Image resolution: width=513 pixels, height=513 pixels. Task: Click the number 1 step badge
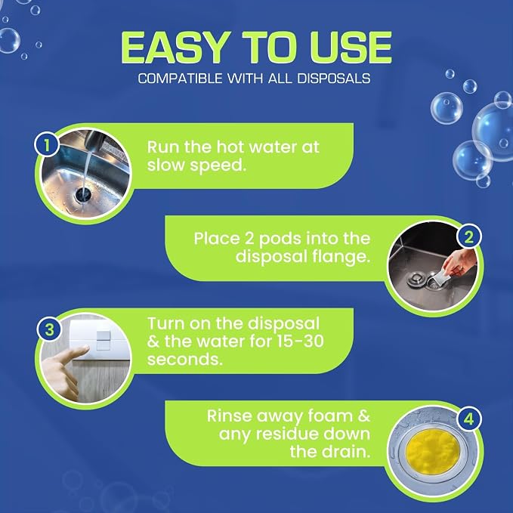[x=47, y=145]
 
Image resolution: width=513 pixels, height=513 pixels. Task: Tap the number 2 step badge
[x=469, y=237]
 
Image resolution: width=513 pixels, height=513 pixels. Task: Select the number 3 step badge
[x=49, y=329]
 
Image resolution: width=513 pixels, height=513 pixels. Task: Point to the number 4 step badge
[x=468, y=419]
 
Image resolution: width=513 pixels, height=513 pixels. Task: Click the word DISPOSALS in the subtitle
[x=334, y=79]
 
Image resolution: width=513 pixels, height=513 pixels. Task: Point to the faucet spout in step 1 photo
[x=93, y=141]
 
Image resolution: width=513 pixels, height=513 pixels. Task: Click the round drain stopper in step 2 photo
[x=416, y=279]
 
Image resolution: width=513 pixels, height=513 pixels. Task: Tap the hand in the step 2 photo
[x=459, y=262]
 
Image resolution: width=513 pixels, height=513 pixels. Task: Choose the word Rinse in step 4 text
[x=230, y=416]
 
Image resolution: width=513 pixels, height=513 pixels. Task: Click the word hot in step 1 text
[x=230, y=147]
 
